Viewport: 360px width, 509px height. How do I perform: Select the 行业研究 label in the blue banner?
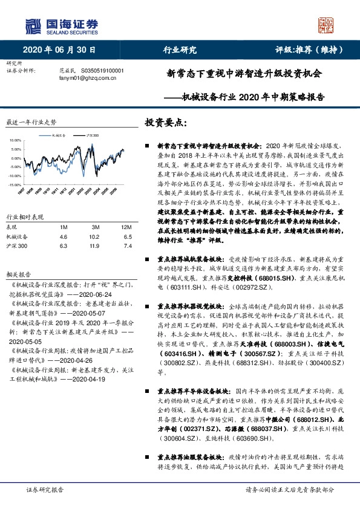pos(180,50)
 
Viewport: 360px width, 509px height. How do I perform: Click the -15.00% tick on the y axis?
pos(13,184)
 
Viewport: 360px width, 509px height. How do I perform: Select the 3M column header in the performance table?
pos(93,226)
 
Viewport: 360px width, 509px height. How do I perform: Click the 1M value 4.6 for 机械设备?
pos(64,237)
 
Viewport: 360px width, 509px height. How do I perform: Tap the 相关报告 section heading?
pos(16,273)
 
